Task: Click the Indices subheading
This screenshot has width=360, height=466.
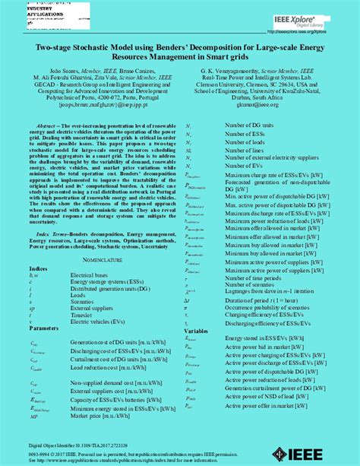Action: click(38, 269)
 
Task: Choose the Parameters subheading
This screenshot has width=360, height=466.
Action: click(44, 328)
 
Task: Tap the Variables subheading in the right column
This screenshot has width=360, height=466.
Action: click(196, 331)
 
